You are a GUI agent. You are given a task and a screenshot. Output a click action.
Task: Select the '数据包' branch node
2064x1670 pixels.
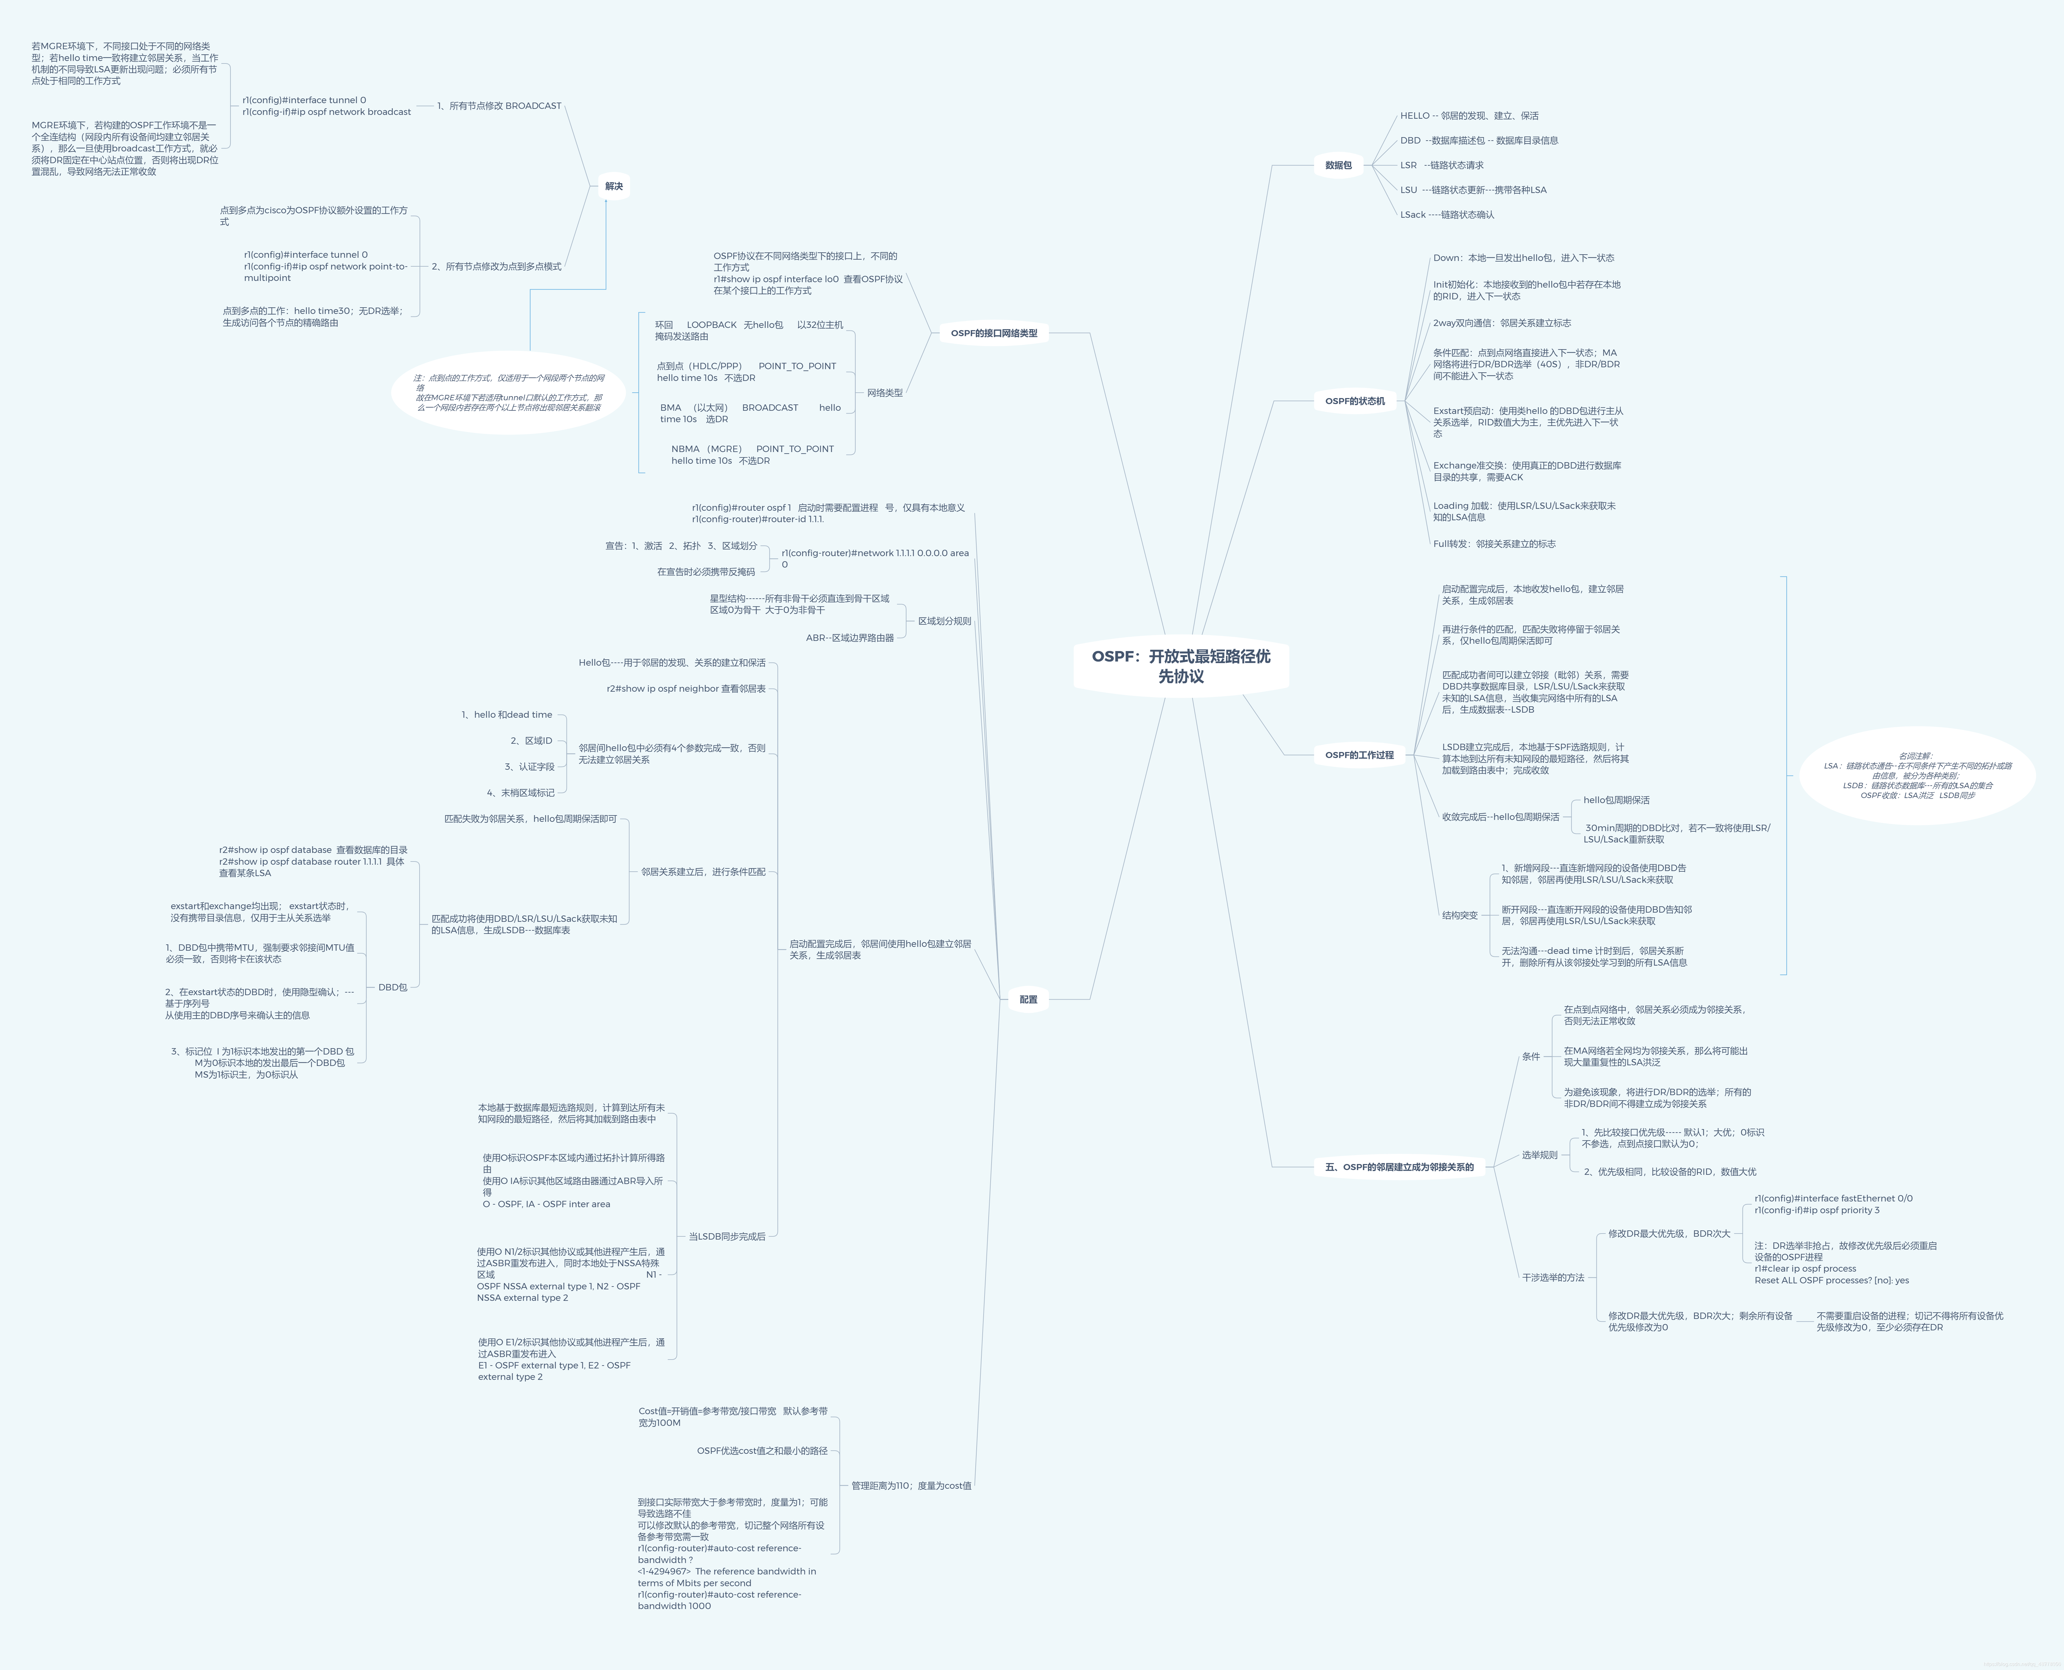pos(1338,165)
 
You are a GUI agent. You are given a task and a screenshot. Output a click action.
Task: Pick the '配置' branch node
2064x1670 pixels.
pos(1028,1000)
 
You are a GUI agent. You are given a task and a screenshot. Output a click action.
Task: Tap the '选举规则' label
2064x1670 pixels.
pos(1539,1155)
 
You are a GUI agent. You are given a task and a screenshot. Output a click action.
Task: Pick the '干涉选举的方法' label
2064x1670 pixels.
pos(1552,1278)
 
